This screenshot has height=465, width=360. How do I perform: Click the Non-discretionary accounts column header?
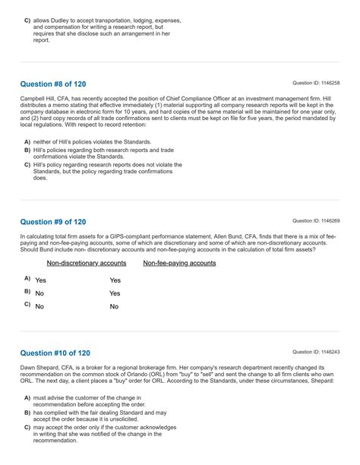(x=87, y=263)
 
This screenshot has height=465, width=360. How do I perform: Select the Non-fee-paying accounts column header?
(x=179, y=263)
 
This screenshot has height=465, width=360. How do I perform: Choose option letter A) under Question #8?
(x=27, y=142)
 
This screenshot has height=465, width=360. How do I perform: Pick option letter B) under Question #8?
(x=27, y=150)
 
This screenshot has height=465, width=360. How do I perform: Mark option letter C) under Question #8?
(x=27, y=164)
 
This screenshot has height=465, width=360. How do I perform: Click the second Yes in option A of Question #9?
(x=115, y=280)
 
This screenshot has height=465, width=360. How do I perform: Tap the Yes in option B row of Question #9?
(x=115, y=293)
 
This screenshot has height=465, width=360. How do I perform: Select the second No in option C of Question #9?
(x=114, y=306)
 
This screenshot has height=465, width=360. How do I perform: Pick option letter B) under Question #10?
(x=27, y=413)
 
